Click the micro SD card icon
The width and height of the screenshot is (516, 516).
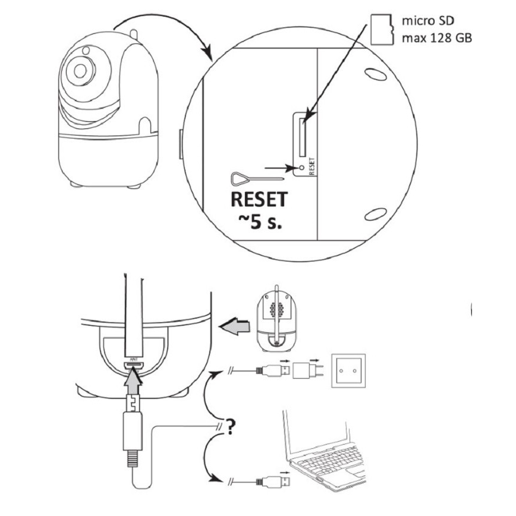point(380,29)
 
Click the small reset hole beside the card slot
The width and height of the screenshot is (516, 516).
point(302,168)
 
